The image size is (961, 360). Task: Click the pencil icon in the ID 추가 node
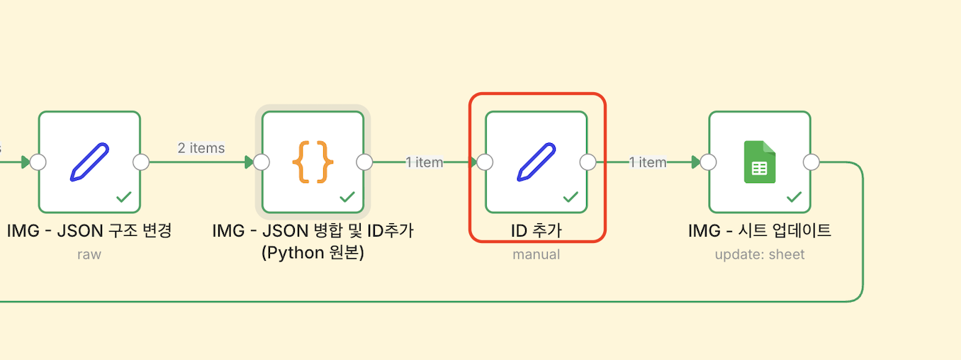coord(536,162)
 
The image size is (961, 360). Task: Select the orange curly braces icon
coord(313,162)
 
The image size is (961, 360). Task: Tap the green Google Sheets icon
coord(759,162)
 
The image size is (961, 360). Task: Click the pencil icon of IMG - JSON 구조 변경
coord(89,162)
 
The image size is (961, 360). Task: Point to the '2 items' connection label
coord(201,148)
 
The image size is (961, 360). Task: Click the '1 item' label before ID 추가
coord(425,162)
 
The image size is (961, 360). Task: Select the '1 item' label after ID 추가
coord(648,162)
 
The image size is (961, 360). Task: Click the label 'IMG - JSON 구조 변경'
coord(90,230)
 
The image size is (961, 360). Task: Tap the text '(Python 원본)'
coord(313,252)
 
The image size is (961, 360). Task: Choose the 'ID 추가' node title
coord(536,230)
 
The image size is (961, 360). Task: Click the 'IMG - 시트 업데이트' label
coord(760,230)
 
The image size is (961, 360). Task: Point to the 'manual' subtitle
coord(536,254)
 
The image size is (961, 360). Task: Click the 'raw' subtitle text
coord(89,254)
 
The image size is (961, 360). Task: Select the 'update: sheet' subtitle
coord(760,254)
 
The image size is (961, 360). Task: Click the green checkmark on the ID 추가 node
coord(571,196)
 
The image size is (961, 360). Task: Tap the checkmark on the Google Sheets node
coord(794,196)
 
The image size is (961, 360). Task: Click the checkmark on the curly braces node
coord(347,196)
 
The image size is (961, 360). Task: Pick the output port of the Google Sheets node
coord(811,162)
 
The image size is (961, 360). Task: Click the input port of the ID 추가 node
coord(485,162)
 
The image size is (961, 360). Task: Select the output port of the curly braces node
coord(364,162)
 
